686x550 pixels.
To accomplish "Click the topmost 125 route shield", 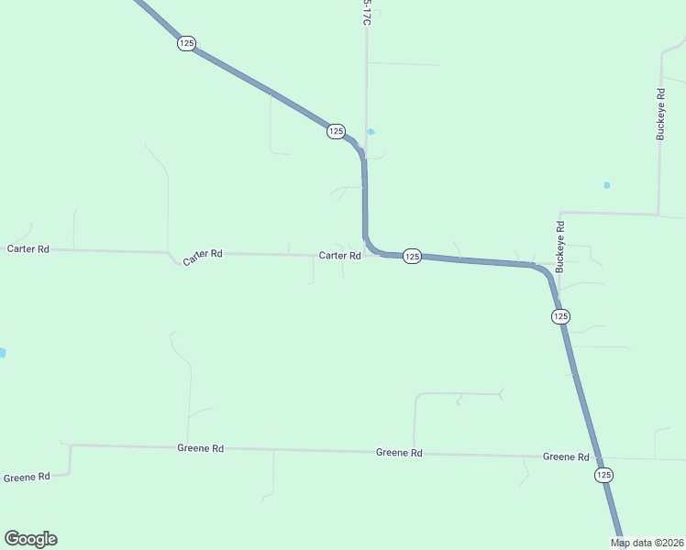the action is [186, 44].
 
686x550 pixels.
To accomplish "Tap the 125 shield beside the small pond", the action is [335, 132].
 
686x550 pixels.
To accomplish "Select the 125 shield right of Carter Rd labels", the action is [412, 257].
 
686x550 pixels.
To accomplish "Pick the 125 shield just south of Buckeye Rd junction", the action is [560, 316].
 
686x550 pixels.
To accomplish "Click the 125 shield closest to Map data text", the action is [603, 475].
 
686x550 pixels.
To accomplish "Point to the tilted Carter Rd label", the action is [203, 258].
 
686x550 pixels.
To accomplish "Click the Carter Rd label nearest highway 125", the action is [339, 256].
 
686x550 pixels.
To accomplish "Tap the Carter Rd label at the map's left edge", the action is [28, 248].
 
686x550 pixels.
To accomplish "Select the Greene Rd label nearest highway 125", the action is [565, 456].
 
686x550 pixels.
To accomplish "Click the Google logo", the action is [30, 539].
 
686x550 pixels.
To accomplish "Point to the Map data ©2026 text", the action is [647, 543].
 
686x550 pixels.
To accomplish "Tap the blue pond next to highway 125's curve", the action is [371, 132].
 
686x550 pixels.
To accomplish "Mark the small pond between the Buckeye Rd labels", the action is [607, 185].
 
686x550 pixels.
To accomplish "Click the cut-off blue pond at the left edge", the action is [3, 353].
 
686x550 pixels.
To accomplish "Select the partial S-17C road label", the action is [366, 13].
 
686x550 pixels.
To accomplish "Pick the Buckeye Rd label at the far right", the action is [660, 114].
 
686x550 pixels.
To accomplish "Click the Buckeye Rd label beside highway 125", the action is [560, 247].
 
